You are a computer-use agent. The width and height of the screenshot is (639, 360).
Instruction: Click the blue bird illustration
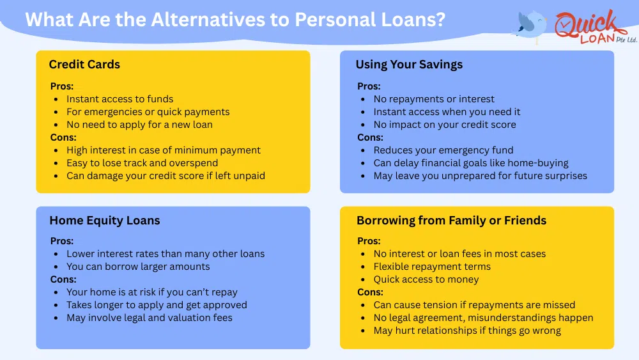(530, 26)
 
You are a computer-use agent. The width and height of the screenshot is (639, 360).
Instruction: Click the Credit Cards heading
(84, 65)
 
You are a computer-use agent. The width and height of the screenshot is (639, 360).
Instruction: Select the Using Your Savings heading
(409, 65)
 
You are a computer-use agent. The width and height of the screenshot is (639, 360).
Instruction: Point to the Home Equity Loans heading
(105, 221)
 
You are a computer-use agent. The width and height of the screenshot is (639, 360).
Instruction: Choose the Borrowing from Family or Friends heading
(452, 221)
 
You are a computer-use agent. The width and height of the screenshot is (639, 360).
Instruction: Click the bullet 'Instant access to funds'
(120, 99)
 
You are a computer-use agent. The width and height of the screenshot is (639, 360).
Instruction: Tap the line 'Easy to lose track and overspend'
(142, 163)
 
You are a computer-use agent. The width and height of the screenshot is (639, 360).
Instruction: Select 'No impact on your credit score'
(445, 125)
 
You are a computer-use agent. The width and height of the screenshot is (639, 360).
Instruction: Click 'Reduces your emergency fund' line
(443, 150)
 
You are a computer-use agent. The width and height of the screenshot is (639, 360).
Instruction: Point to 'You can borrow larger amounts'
(138, 267)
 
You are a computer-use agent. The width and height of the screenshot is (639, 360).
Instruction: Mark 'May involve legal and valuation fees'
(150, 318)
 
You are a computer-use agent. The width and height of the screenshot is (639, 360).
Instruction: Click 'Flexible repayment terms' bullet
(432, 267)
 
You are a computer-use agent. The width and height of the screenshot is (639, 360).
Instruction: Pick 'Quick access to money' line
(426, 279)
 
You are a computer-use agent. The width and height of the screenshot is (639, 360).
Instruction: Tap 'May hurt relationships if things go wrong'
(467, 331)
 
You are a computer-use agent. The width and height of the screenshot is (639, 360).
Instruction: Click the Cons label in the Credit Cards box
(63, 137)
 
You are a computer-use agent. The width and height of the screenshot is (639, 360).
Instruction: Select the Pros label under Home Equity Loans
(61, 241)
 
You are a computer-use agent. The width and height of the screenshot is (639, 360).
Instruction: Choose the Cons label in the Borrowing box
(370, 292)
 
